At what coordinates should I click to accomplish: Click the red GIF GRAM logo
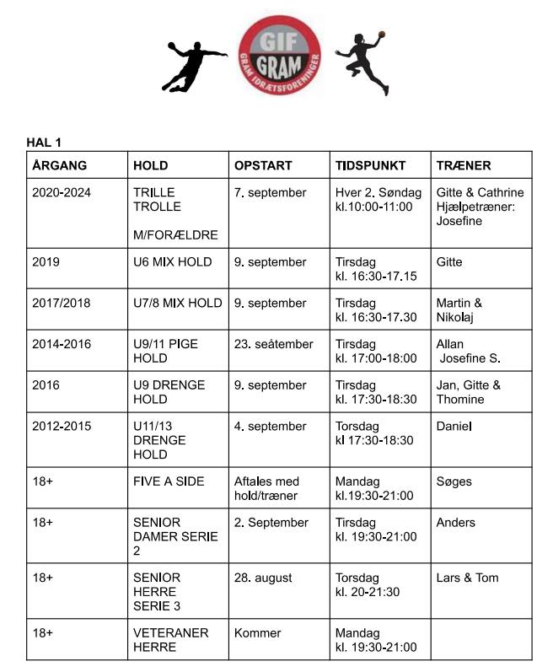click(x=279, y=53)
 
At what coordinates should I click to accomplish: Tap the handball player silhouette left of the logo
click(x=193, y=66)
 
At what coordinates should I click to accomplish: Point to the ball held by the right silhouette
click(x=381, y=35)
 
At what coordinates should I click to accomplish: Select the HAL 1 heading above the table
click(x=44, y=142)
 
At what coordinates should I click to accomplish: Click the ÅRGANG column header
click(x=60, y=165)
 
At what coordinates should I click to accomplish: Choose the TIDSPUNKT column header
click(x=370, y=165)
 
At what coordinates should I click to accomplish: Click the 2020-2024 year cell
click(x=62, y=193)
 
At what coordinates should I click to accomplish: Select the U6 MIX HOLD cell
click(x=173, y=262)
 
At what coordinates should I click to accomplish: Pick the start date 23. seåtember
click(x=273, y=344)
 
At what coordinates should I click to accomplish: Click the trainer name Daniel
click(x=454, y=427)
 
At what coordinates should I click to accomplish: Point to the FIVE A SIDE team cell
click(x=169, y=481)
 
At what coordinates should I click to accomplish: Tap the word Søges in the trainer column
click(x=454, y=481)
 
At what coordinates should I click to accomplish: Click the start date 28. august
click(x=263, y=578)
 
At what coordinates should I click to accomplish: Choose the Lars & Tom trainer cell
click(x=467, y=578)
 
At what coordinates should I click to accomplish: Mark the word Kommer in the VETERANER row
click(x=258, y=633)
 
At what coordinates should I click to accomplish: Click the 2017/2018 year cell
click(x=61, y=304)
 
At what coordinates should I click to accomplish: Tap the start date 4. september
click(x=271, y=427)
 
